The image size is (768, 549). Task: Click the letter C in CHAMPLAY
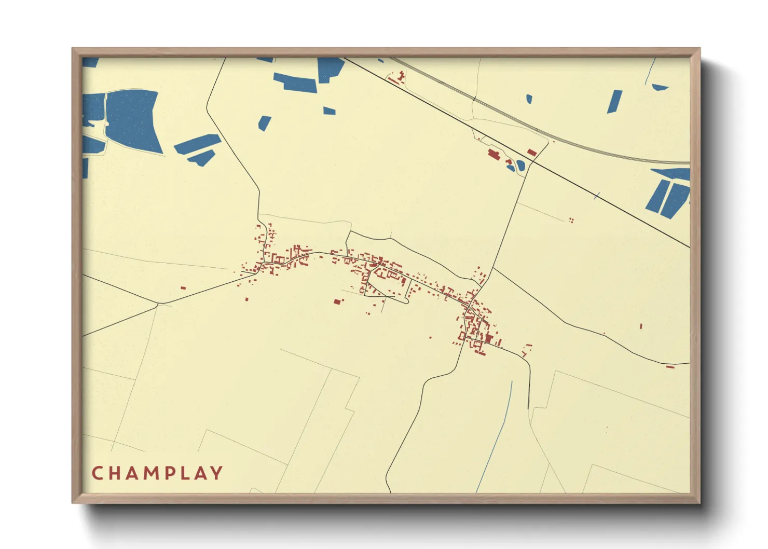(97, 473)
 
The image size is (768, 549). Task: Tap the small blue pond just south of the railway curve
(529, 99)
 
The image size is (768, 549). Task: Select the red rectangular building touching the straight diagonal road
(531, 152)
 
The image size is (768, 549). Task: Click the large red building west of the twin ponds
(493, 154)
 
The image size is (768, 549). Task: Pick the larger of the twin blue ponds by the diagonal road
(520, 166)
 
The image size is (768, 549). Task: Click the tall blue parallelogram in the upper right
(614, 101)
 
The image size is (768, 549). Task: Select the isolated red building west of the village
(183, 288)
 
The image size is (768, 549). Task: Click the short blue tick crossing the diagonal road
(597, 196)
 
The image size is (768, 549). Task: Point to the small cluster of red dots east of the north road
(571, 220)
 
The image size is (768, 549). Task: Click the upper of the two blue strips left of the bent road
(197, 143)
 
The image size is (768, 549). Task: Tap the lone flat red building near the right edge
(670, 367)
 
